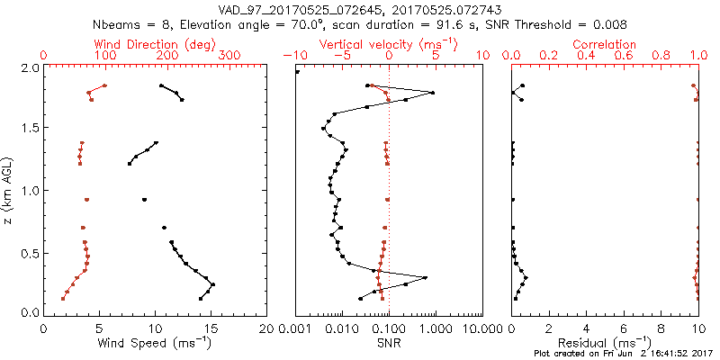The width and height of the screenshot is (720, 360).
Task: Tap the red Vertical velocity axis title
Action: coord(388,44)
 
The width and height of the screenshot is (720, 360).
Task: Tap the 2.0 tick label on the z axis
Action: coord(30,67)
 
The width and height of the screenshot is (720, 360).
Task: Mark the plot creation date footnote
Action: coord(623,353)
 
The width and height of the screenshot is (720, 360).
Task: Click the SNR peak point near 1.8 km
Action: coord(433,93)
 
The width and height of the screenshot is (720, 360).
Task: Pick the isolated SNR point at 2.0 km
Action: coord(298,72)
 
